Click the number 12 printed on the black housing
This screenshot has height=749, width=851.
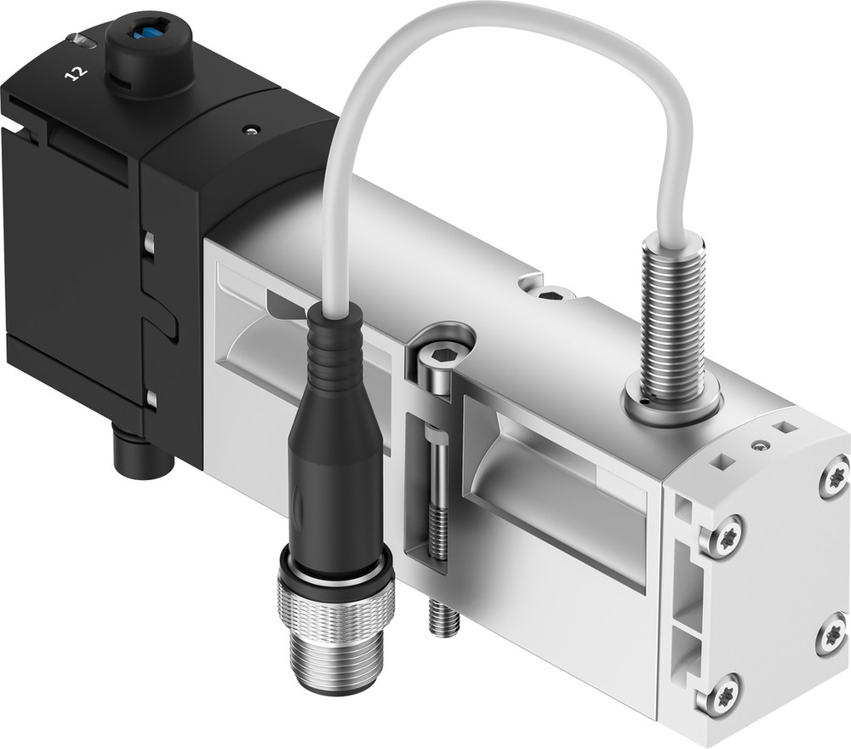[x=77, y=74]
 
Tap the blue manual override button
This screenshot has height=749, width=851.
[x=149, y=31]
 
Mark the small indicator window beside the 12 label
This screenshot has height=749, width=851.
[x=82, y=40]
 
